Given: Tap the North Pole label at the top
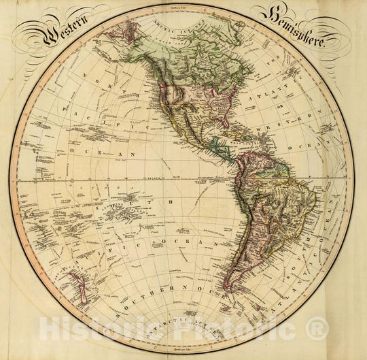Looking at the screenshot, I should (x=183, y=6).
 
